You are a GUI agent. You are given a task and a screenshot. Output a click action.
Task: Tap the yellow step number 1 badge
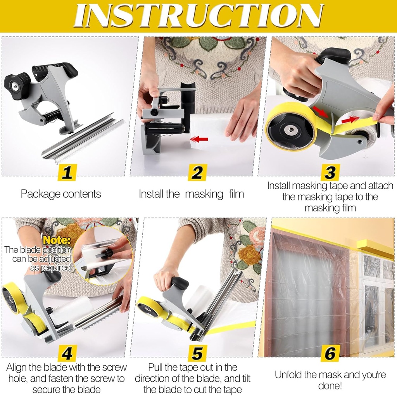click(x=67, y=172)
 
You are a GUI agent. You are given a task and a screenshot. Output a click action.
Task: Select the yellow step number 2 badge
click(x=197, y=172)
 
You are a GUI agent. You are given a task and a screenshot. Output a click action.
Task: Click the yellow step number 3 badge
click(x=330, y=172)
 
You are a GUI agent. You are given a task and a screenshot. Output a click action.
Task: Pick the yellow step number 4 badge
click(x=67, y=353)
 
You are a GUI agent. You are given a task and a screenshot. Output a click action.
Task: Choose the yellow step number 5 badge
click(x=197, y=353)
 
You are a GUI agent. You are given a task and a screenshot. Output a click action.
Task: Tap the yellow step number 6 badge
click(x=330, y=353)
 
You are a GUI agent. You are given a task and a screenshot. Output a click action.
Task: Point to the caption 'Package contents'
click(x=61, y=194)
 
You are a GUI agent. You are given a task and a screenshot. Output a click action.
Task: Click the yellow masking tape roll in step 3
click(x=291, y=130)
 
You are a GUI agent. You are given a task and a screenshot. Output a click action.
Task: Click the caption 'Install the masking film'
click(x=192, y=194)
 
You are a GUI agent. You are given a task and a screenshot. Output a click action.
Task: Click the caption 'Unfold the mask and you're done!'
click(x=330, y=380)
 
